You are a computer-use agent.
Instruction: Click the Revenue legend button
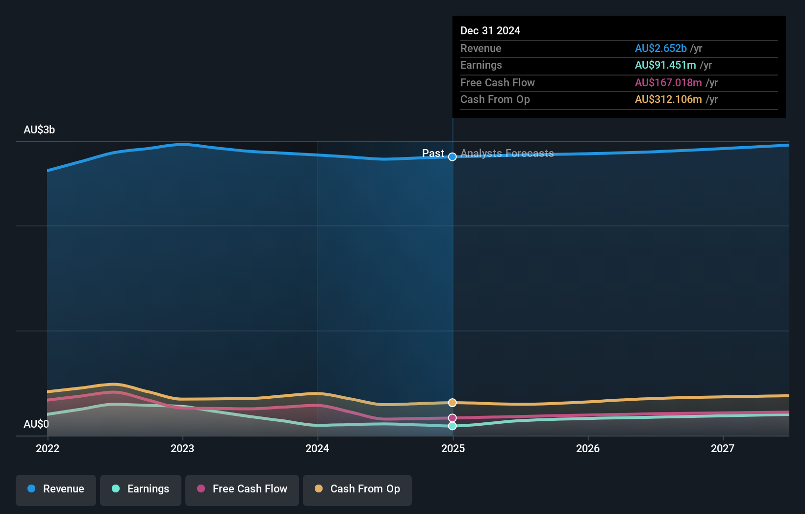56,489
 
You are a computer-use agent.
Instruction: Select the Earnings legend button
141,489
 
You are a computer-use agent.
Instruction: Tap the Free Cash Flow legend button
242,489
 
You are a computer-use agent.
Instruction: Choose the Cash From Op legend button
357,489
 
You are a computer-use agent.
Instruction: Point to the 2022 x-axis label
48,448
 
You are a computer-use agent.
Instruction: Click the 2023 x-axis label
182,448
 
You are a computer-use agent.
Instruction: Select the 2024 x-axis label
317,448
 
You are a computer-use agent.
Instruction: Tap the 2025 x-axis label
453,448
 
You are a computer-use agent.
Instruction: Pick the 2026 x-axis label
588,448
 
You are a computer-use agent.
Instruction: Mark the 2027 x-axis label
723,448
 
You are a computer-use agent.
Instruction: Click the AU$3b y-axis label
39,130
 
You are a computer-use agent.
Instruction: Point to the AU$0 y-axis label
36,424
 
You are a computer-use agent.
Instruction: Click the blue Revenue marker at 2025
453,157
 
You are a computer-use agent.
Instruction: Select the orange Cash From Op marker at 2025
453,403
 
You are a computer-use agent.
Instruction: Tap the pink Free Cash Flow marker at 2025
453,418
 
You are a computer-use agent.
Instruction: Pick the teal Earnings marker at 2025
453,426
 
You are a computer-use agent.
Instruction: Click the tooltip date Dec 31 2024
490,30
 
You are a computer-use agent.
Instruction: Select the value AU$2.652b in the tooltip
660,48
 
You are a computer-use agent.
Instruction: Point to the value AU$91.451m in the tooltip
665,65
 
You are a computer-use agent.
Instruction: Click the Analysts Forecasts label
507,154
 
